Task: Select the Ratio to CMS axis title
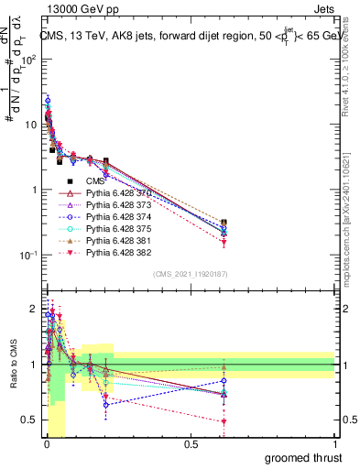tap(12, 366)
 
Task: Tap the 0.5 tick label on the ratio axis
tap(29, 420)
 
